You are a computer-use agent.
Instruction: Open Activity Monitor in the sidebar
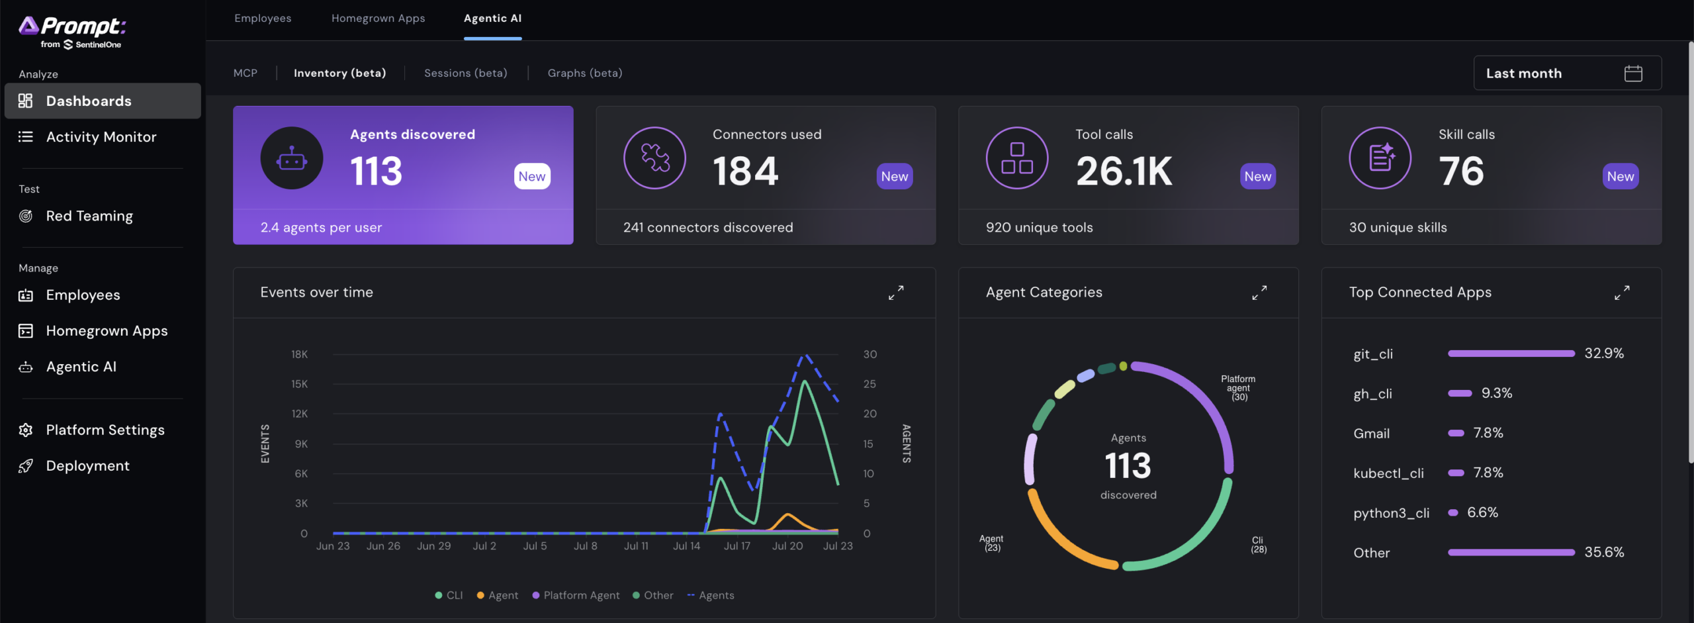click(x=101, y=137)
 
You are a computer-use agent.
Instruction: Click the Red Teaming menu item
click(x=89, y=216)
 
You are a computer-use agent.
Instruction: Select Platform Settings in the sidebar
click(x=105, y=430)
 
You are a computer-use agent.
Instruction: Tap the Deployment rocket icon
click(x=26, y=466)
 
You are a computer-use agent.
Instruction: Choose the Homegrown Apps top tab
click(x=379, y=19)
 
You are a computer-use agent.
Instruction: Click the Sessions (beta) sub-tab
click(x=466, y=73)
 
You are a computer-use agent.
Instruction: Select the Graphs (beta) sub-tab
click(x=585, y=73)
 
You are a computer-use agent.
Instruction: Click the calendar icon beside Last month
click(x=1633, y=73)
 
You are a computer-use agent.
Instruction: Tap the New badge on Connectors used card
click(x=895, y=176)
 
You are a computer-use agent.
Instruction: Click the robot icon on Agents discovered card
click(x=292, y=158)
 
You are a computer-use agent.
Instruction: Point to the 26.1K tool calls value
click(x=1124, y=171)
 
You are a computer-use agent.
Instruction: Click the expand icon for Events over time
click(x=896, y=293)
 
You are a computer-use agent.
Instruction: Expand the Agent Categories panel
click(x=1259, y=293)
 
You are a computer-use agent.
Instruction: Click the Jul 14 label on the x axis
click(x=687, y=546)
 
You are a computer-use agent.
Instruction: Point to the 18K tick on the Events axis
click(x=300, y=355)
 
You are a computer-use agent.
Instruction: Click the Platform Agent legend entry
click(x=576, y=595)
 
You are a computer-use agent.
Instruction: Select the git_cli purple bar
click(x=1511, y=354)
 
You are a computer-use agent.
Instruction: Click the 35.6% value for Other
click(x=1604, y=552)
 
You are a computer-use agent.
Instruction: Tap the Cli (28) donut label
click(x=1258, y=545)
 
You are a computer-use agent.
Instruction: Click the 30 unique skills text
click(x=1398, y=228)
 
